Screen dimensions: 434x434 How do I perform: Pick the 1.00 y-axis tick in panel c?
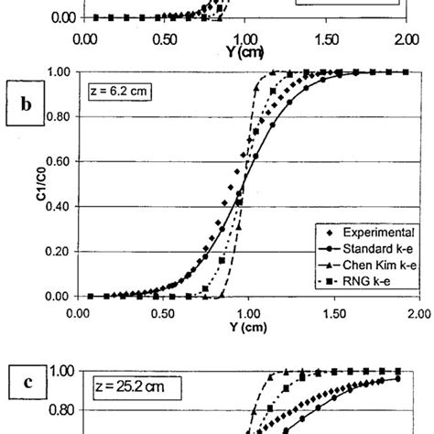(x=62, y=371)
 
